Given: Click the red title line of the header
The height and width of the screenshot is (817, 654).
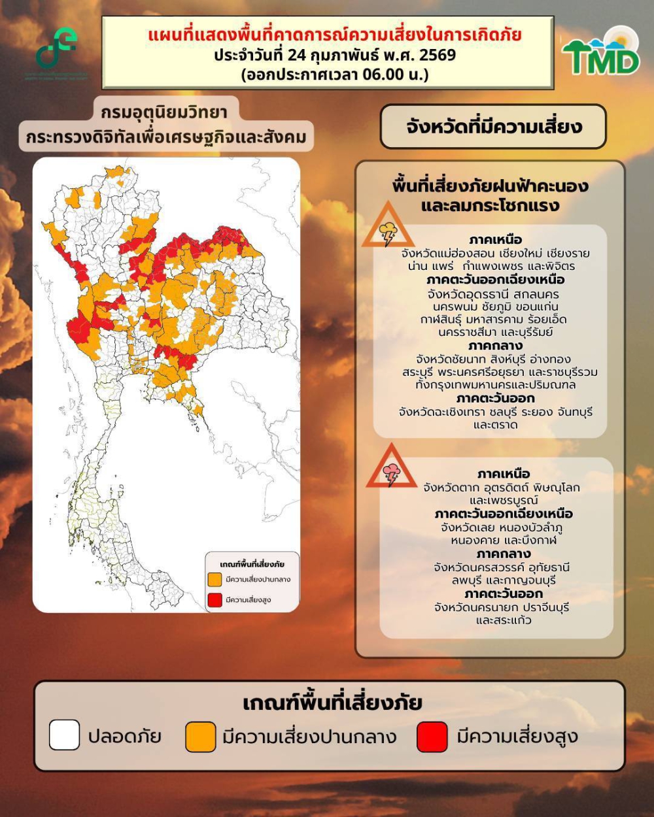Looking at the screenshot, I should click(x=334, y=35).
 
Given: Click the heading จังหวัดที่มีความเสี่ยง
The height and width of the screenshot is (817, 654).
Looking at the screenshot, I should click(x=493, y=126).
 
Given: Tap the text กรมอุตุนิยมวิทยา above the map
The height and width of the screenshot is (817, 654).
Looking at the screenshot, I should click(x=164, y=112).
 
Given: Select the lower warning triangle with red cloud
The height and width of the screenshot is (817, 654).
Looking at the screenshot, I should click(x=391, y=469).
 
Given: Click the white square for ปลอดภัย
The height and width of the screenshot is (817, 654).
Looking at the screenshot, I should click(x=64, y=735).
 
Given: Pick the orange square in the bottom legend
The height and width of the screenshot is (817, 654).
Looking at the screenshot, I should click(x=200, y=737).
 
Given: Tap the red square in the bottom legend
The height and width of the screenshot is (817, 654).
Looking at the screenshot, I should click(x=432, y=737).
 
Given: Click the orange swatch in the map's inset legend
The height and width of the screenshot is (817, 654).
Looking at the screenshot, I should click(x=215, y=580).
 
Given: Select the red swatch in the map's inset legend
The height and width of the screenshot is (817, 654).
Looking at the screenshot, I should click(x=215, y=599).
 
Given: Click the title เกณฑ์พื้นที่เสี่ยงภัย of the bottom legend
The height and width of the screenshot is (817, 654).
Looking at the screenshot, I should click(x=332, y=703).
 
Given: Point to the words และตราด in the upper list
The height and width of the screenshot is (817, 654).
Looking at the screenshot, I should click(x=495, y=425).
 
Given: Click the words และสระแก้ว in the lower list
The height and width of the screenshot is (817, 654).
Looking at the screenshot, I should click(x=503, y=620).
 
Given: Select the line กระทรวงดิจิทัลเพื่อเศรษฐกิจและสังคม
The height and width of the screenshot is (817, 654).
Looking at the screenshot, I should click(x=166, y=138).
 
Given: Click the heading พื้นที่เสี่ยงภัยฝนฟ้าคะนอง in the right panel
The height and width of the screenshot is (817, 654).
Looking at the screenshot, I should click(x=490, y=186).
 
